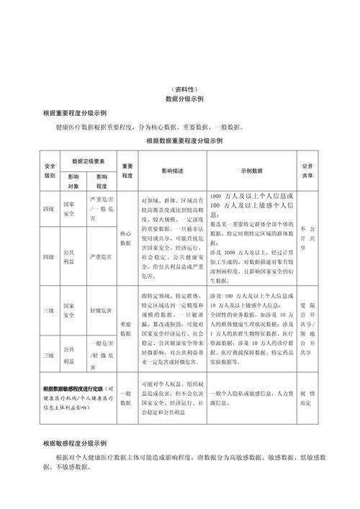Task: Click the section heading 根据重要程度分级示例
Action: [x=75, y=114]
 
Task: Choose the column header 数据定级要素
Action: [x=89, y=161]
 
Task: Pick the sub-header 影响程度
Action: [x=101, y=181]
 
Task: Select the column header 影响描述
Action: [x=172, y=171]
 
